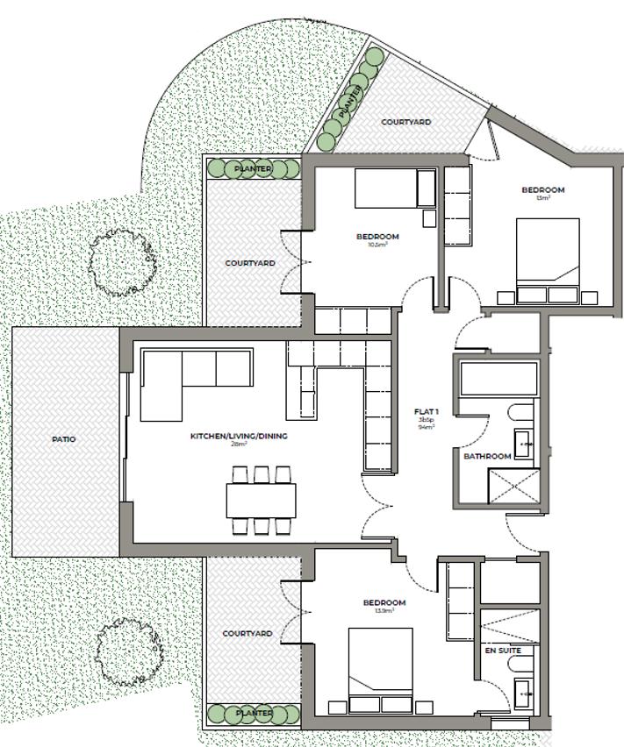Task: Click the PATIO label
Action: click(63, 439)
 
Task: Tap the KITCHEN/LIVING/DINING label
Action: click(239, 436)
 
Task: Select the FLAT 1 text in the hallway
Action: click(427, 411)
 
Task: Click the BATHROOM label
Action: click(487, 457)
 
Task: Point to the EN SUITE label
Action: click(503, 651)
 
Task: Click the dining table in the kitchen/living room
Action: click(261, 501)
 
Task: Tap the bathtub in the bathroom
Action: click(498, 380)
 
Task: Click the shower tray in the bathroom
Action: click(513, 487)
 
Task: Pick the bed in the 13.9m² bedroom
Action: click(380, 671)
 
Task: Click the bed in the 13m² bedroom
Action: click(548, 260)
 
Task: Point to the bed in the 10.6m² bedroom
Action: click(394, 189)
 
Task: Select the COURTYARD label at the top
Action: click(406, 123)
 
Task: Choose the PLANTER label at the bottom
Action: click(253, 714)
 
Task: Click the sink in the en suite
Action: click(525, 693)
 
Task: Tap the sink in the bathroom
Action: click(525, 444)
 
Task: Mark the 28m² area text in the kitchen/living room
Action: click(239, 445)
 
